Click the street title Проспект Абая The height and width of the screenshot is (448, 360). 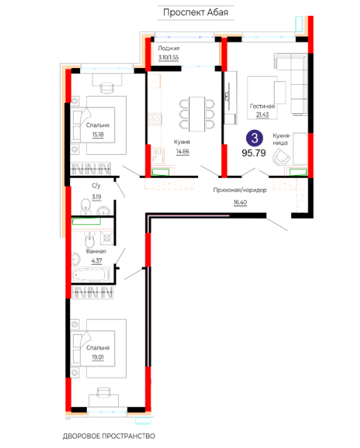[x=195, y=13]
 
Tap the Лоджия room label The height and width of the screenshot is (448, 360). [x=169, y=49]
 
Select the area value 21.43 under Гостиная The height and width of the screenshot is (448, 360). [x=262, y=115]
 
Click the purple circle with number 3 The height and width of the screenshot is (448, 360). [x=254, y=138]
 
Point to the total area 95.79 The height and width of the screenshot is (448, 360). [x=254, y=153]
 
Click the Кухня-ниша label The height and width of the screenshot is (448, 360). [x=281, y=139]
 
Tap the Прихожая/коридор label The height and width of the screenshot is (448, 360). [x=240, y=190]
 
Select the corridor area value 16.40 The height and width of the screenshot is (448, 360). [x=240, y=202]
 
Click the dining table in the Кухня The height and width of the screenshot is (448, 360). [x=197, y=114]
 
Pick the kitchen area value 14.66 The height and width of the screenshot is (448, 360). [x=182, y=151]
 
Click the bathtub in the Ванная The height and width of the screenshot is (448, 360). [x=90, y=275]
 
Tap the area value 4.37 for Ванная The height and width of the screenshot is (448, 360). [x=97, y=261]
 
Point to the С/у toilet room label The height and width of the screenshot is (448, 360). [x=96, y=185]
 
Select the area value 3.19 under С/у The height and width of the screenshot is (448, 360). [x=97, y=197]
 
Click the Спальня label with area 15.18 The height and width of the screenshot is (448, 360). [x=97, y=125]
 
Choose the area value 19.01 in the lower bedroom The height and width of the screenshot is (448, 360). [x=98, y=357]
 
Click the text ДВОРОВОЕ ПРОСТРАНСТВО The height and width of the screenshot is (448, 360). [x=109, y=436]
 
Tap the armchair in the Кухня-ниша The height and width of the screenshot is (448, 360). [x=281, y=157]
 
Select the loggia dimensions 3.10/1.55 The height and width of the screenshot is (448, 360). [x=168, y=58]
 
